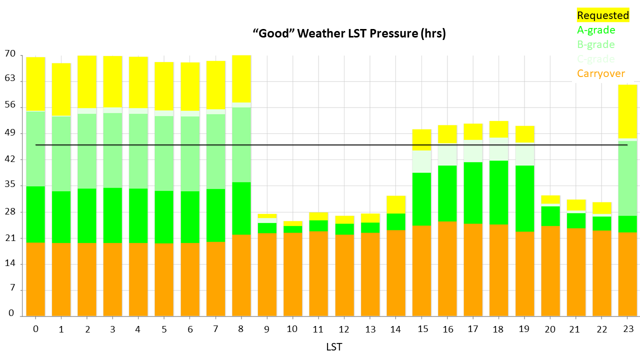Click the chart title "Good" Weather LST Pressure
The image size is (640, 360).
point(349,34)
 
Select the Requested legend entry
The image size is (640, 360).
point(602,15)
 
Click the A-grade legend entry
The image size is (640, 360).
point(596,30)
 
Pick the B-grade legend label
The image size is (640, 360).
point(595,44)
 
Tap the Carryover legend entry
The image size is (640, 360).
point(600,73)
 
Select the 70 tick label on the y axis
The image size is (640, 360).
point(10,54)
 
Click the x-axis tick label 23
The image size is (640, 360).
point(628,328)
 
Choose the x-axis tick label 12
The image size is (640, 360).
point(344,328)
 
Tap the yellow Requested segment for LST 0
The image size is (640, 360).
point(35,84)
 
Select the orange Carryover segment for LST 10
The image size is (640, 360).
point(292,274)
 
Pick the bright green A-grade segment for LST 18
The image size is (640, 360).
point(499,192)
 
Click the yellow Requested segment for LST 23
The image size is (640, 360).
point(628,111)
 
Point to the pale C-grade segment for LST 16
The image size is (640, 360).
point(447,154)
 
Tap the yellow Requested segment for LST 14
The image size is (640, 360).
point(395,204)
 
